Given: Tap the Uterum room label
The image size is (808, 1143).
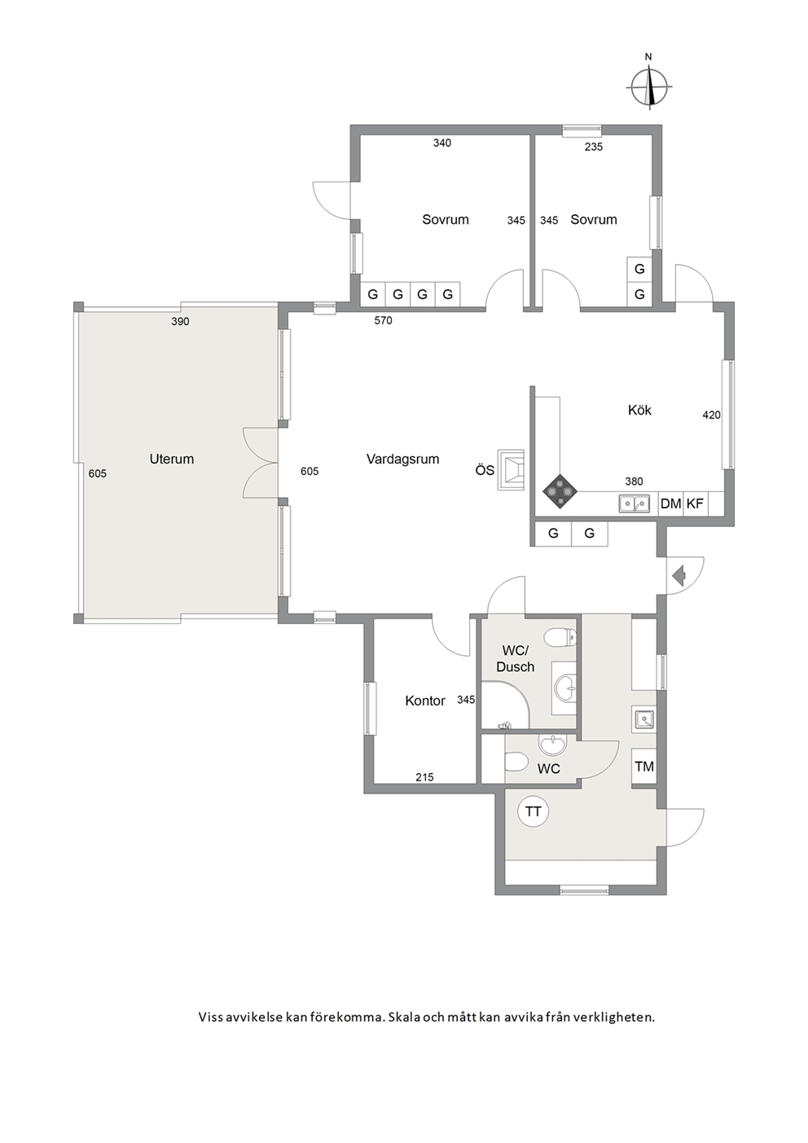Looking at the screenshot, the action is point(171,459).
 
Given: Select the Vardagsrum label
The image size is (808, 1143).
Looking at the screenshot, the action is point(402,459).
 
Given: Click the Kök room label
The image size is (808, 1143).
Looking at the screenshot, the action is point(639,410).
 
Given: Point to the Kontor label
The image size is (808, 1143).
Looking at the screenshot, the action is point(425,701).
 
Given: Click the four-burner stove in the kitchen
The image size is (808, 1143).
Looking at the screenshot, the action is point(560,491).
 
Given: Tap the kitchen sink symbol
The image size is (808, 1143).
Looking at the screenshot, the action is point(635,503).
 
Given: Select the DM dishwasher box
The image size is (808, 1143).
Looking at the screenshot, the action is point(671,503).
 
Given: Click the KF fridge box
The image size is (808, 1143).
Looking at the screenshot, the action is point(696,503).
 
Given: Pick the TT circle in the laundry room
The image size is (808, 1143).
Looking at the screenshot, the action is point(533,811).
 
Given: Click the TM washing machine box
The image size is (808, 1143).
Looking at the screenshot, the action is point(644,766).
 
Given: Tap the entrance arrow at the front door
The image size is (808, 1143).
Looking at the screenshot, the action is point(678,576).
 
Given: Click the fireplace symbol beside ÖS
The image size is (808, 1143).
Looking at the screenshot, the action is point(512,470).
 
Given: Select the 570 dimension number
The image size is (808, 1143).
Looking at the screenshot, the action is point(383,320).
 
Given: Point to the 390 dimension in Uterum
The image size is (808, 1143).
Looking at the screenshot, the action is point(180,322).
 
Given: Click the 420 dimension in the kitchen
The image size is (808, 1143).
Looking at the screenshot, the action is point(712,415).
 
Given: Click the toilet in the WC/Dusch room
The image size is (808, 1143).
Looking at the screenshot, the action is point(560,638).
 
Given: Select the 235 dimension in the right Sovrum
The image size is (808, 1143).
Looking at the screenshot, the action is point(594,147).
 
